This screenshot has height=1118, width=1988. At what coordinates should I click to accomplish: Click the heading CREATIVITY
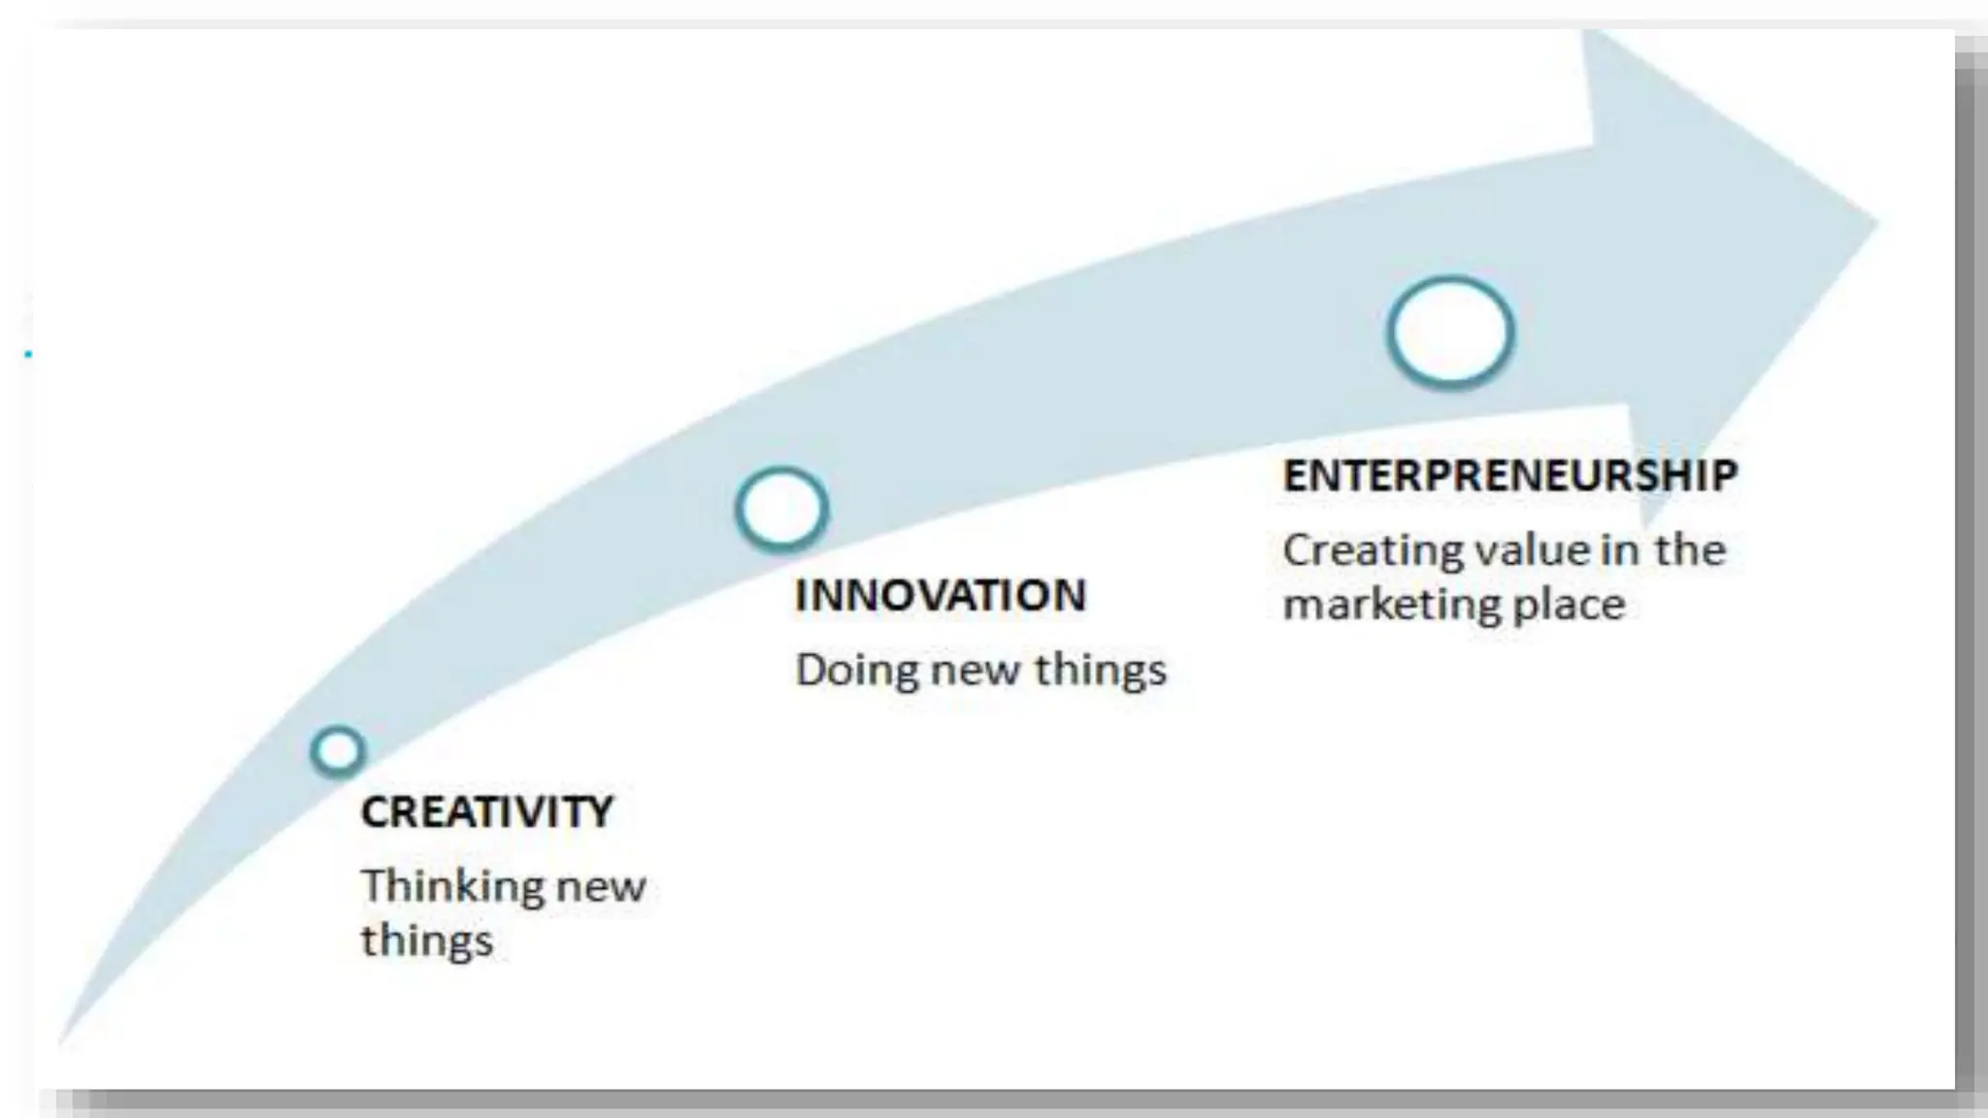[x=487, y=811]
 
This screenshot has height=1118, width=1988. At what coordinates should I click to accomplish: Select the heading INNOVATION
[x=940, y=595]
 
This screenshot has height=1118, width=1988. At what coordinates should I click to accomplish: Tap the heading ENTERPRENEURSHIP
[x=1509, y=475]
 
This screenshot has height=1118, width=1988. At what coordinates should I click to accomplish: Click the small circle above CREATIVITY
[x=338, y=751]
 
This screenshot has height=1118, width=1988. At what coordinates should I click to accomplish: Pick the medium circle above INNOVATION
[x=781, y=509]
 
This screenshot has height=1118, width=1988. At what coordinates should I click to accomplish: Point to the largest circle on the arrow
[x=1450, y=332]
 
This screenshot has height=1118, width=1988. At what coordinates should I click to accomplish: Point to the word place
[x=1570, y=605]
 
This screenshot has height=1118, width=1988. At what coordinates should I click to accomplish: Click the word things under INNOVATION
[x=1100, y=671]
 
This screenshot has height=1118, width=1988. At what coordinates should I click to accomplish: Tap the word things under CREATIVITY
[x=427, y=940]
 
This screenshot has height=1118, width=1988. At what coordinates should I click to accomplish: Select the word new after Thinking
[x=601, y=886]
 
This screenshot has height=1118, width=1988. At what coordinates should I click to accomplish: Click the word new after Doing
[x=975, y=671]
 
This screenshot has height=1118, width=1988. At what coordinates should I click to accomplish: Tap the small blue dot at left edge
[x=28, y=354]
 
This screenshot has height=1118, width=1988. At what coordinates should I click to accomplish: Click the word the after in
[x=1690, y=550]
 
